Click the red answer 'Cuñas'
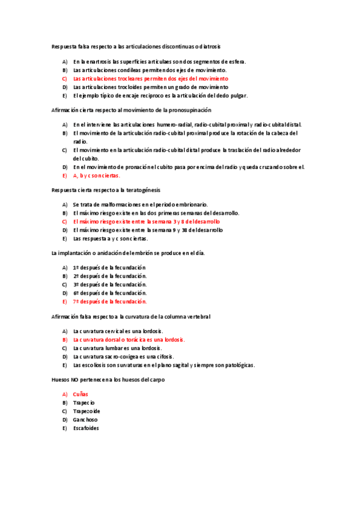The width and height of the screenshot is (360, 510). pos(81,394)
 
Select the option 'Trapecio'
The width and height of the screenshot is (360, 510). pos(84,402)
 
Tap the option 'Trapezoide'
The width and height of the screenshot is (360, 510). pos(87,411)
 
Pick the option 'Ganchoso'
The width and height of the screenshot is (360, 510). pos(85,419)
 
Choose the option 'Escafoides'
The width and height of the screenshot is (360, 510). pos(86,428)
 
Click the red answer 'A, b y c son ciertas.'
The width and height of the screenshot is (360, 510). pos(97,176)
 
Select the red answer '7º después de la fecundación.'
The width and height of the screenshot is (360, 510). pos(110,301)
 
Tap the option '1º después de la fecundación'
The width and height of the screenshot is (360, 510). pos(109,268)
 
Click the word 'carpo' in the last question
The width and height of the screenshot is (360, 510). pos(157,379)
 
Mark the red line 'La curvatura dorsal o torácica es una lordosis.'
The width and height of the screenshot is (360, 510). pos(129,339)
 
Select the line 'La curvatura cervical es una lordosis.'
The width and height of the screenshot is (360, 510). pos(118,331)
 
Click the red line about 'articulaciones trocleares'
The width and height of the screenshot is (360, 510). pos(151,79)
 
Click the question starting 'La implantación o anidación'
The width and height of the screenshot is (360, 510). pos(129,253)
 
